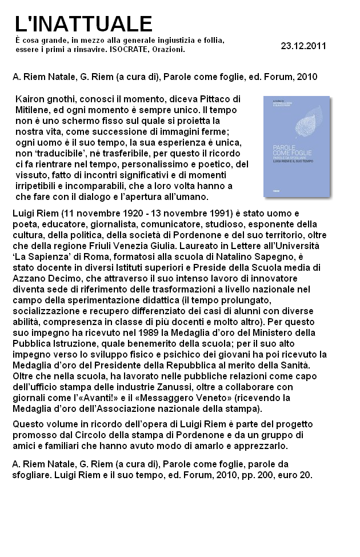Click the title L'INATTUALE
coord(83,24)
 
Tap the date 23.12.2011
coord(303,46)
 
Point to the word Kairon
coord(30,99)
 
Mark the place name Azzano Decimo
coord(43,278)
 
